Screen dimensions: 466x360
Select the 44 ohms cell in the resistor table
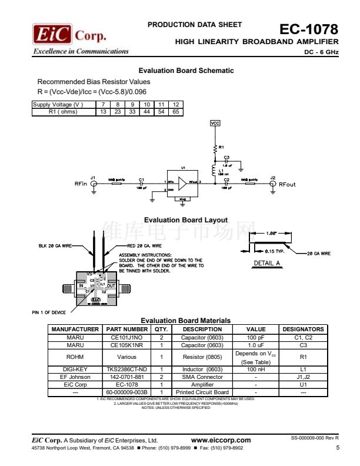coord(147,111)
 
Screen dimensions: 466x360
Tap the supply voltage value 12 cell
coord(175,105)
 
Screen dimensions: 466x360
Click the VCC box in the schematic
coord(215,124)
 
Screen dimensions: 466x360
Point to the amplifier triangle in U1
coord(184,184)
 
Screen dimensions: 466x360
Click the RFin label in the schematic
coord(81,184)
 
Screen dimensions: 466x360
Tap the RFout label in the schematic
coord(288,184)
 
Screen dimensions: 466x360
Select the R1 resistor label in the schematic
coord(221,147)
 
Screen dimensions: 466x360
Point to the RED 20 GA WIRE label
coord(144,245)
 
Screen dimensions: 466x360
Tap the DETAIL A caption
coord(266,262)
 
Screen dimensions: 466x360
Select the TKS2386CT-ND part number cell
coord(127,369)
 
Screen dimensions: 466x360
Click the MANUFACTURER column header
coord(75,329)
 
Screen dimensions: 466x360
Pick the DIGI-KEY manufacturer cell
coord(75,369)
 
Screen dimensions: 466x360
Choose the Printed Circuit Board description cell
coord(202,392)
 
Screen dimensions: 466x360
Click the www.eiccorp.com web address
coord(221,440)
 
